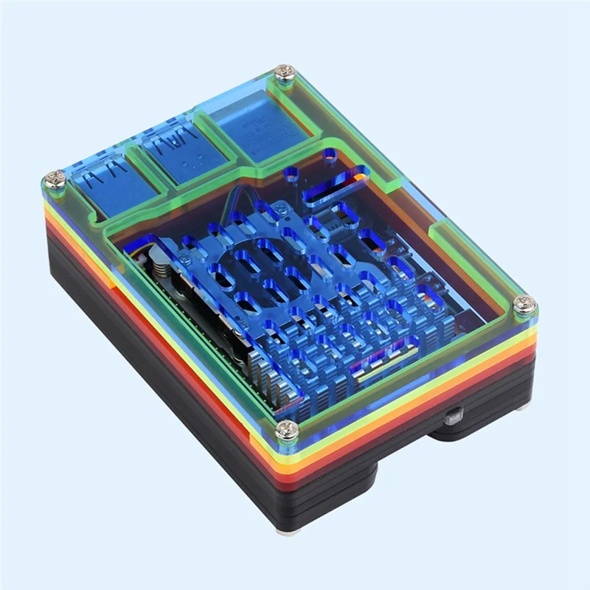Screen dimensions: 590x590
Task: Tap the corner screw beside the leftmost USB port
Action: [x=54, y=179]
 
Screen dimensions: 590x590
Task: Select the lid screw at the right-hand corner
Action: [x=524, y=303]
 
